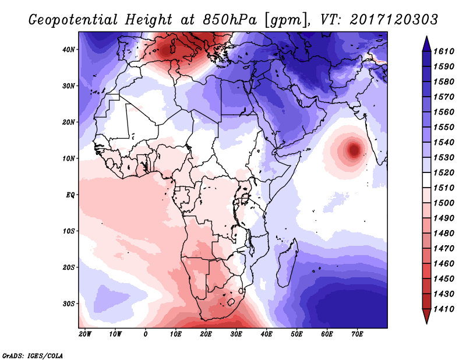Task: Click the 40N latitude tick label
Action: tap(69, 50)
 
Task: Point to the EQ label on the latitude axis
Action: tap(70, 195)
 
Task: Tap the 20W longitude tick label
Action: tap(85, 334)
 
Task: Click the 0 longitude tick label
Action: tap(146, 334)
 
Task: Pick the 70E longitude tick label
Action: tap(358, 334)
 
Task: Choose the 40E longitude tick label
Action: tap(267, 334)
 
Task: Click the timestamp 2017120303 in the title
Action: tap(394, 19)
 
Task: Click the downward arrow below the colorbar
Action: tap(426, 317)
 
